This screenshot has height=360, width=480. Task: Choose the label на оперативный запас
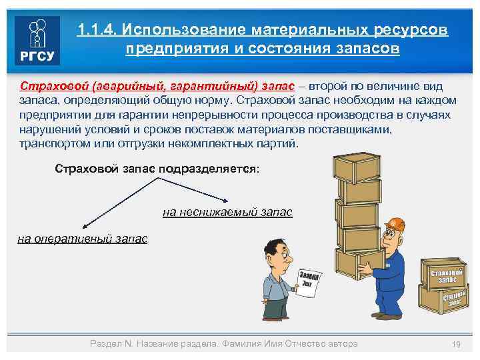tap(82, 238)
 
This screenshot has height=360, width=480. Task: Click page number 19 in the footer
tap(457, 343)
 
